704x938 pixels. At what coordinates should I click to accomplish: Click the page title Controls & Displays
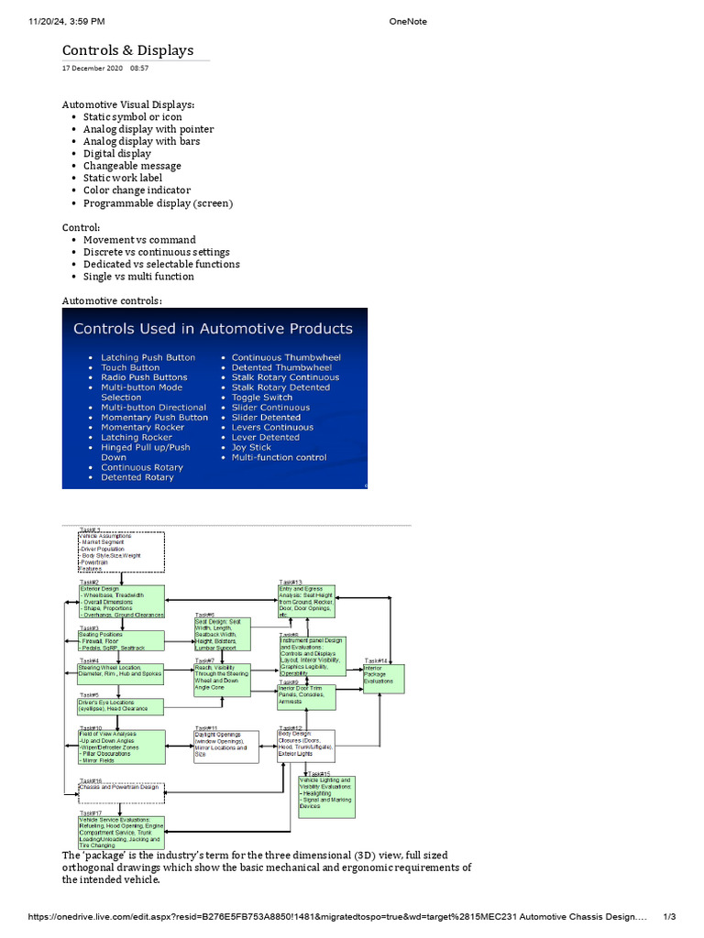pos(127,50)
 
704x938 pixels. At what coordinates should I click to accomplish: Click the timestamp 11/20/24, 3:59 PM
pos(54,20)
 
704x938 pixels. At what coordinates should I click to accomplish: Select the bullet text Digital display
pos(117,154)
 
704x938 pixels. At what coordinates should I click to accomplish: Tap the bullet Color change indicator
pos(137,191)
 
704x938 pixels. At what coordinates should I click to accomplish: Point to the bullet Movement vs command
pos(139,240)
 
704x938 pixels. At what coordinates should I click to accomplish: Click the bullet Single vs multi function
pos(138,277)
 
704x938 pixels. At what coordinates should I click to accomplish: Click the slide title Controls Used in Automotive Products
pos(213,329)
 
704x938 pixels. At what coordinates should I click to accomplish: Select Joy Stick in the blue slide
pos(251,447)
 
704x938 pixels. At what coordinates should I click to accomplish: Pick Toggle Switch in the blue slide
pos(262,398)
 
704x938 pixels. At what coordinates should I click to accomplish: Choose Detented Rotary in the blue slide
pos(137,477)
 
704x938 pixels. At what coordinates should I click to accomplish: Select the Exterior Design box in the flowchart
pos(121,602)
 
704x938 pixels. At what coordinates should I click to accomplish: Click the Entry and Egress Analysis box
pos(307,601)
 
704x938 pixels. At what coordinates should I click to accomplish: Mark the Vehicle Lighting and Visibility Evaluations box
pos(325,793)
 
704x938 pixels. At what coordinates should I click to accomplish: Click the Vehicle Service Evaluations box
pos(121,832)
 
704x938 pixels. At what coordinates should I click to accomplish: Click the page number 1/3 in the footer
pos(669,917)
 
